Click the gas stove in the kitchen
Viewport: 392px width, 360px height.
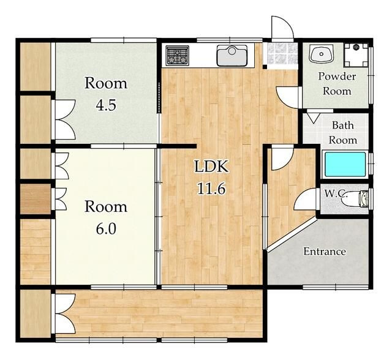[177, 56]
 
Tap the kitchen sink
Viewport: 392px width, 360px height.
[232, 56]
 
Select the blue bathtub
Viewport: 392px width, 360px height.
[345, 164]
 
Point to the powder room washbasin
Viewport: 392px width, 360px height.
[321, 53]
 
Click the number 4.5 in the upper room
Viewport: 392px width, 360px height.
[106, 105]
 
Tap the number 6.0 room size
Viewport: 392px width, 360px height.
[106, 228]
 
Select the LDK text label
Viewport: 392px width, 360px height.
[211, 167]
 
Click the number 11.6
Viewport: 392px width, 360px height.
[211, 189]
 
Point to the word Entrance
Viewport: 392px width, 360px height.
[325, 251]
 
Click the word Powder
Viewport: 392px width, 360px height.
[337, 76]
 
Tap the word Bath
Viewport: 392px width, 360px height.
[343, 125]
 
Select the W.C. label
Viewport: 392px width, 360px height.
[336, 193]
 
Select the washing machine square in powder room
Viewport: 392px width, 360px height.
[356, 55]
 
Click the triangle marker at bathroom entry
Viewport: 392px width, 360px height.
[313, 118]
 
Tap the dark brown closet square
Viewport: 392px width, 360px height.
[36, 199]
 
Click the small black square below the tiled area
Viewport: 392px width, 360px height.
[265, 67]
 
